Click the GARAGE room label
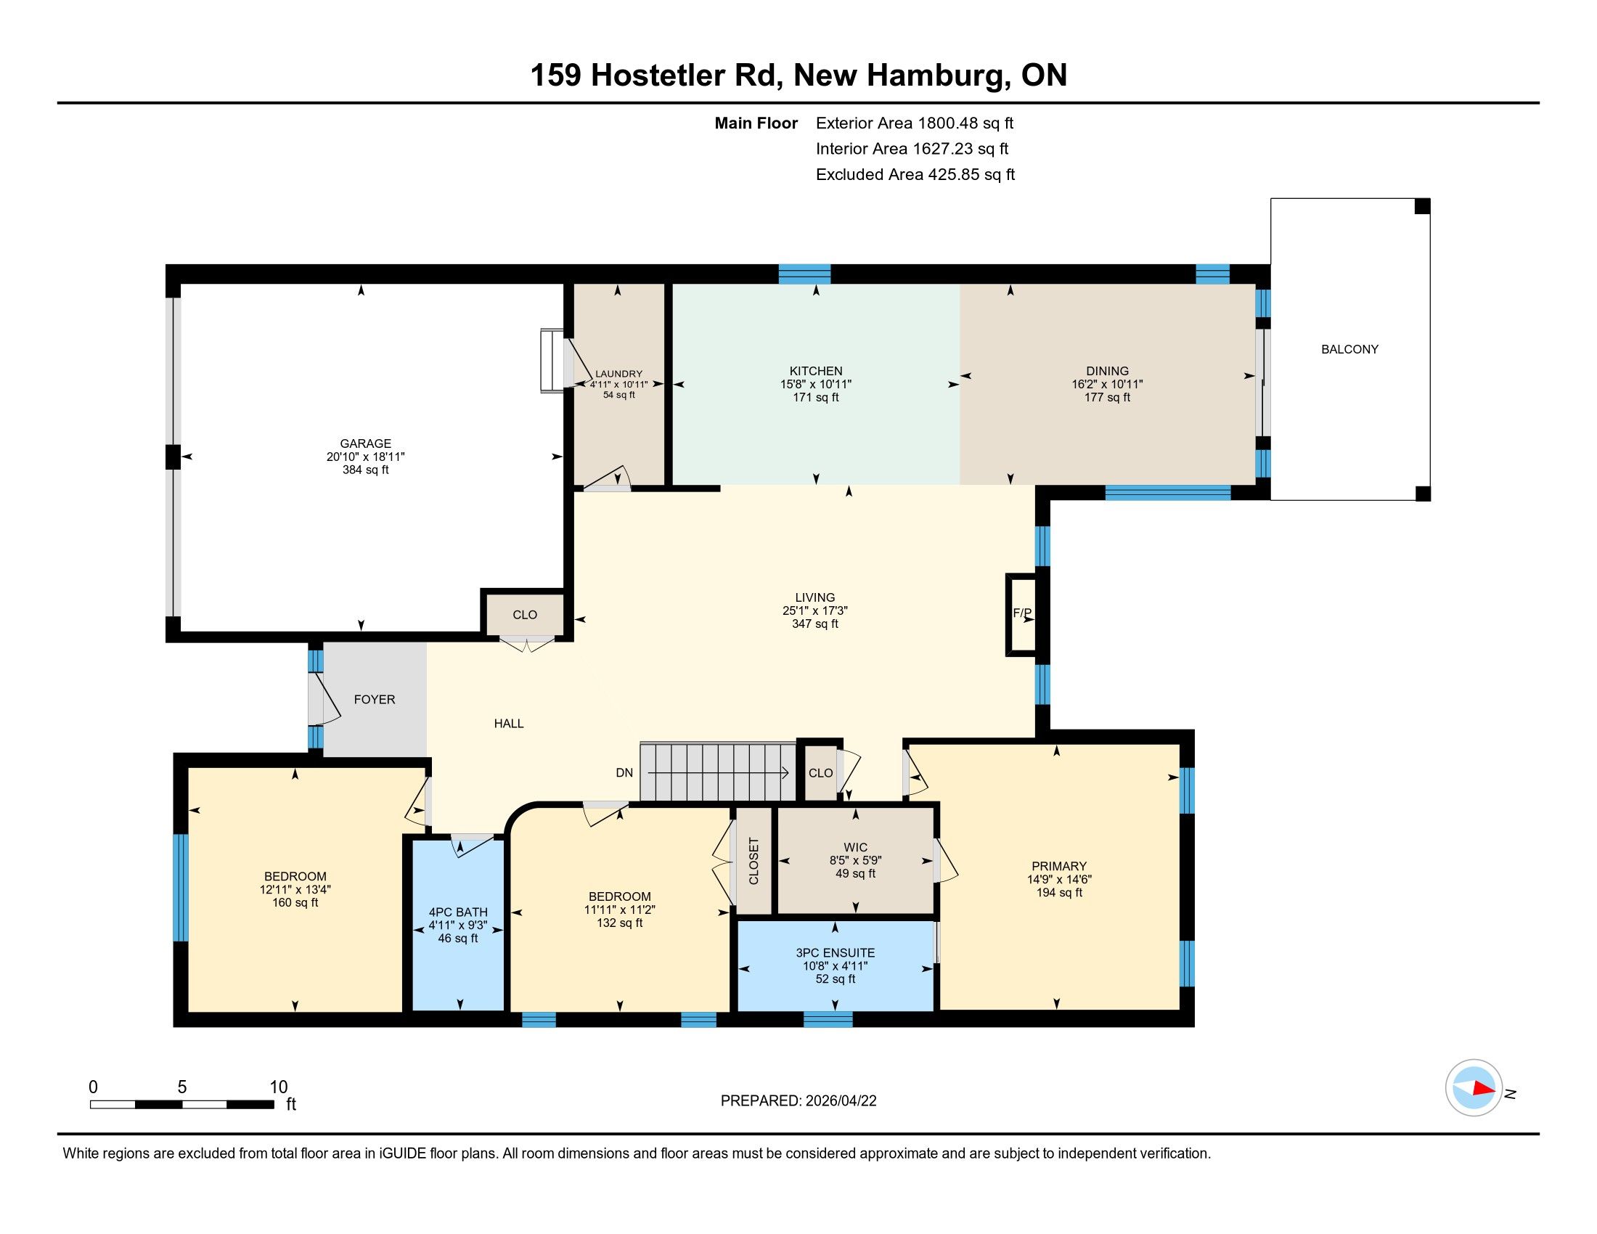click(x=366, y=443)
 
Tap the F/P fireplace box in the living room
click(x=1022, y=614)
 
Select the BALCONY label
click(x=1350, y=349)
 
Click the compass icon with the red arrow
click(x=1474, y=1087)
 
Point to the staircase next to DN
click(x=718, y=772)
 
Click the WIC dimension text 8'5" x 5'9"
click(x=856, y=861)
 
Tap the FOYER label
click(x=375, y=700)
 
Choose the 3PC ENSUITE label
click(x=835, y=952)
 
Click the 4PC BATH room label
click(x=458, y=912)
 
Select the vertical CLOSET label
click(x=754, y=861)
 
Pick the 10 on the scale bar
click(x=279, y=1087)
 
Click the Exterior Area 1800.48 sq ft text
click(x=915, y=123)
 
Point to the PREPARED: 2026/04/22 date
click(x=798, y=1101)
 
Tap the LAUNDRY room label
click(x=618, y=374)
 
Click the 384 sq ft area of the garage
click(x=366, y=470)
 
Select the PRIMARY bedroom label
click(x=1059, y=866)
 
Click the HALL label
click(x=509, y=724)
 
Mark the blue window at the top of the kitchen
click(x=804, y=274)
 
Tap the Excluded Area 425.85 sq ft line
click(x=915, y=175)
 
